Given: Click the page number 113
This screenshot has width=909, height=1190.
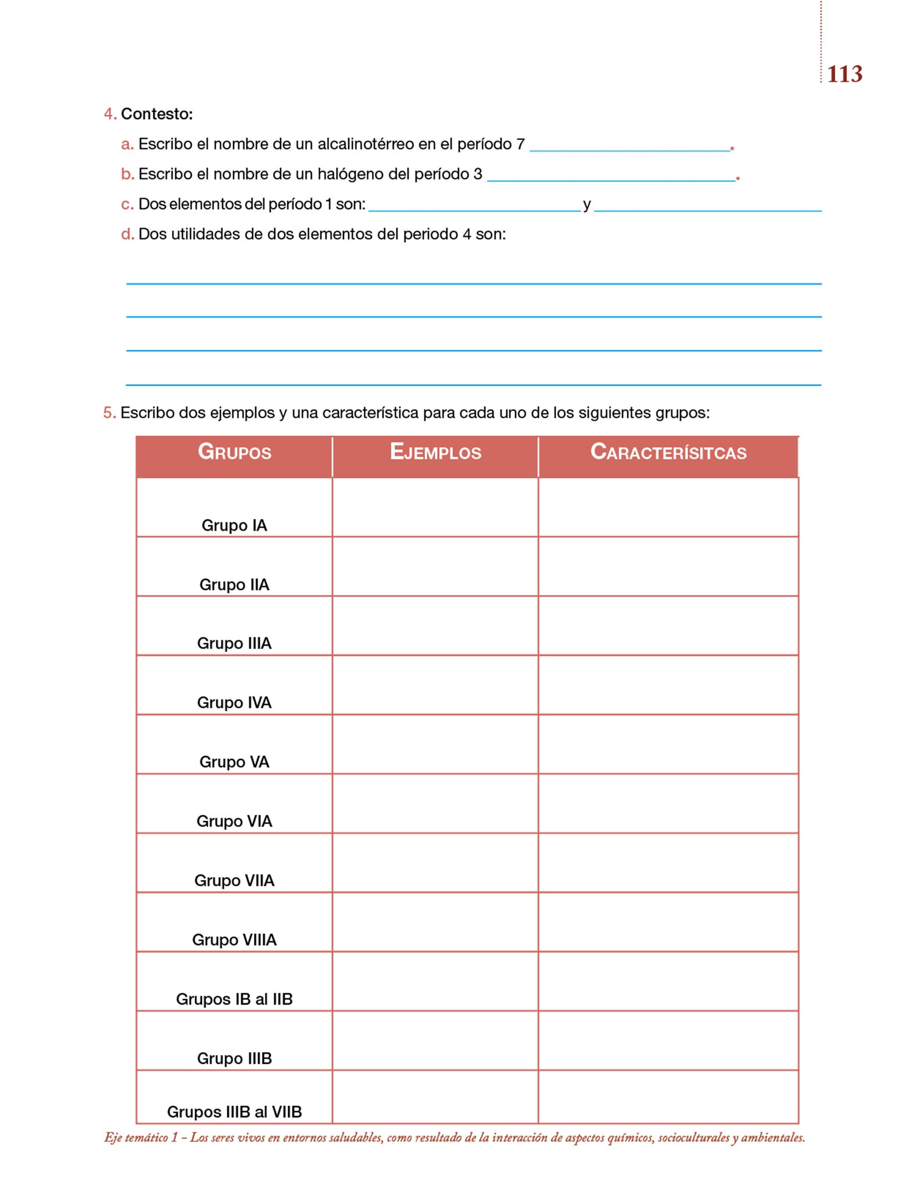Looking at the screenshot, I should (x=844, y=74).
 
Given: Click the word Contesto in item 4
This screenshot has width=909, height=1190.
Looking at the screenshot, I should (x=156, y=114).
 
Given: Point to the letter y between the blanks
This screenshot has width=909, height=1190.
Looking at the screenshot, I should (x=587, y=205).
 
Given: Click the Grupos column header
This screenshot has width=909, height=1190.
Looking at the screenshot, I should (x=234, y=452).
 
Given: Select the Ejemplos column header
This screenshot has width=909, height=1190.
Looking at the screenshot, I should (x=435, y=452).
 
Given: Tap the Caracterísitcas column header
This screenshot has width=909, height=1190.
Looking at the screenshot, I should (x=668, y=452).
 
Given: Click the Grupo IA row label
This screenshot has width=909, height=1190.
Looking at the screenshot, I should (x=234, y=525).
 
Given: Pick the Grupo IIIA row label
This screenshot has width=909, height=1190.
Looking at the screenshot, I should (x=234, y=643).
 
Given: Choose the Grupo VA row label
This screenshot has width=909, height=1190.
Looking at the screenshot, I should (x=234, y=762).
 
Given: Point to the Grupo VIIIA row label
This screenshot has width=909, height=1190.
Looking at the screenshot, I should (x=234, y=940).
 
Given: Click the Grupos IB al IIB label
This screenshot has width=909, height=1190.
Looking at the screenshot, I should (x=234, y=999).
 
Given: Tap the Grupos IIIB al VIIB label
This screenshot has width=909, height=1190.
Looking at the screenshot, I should (x=234, y=1112).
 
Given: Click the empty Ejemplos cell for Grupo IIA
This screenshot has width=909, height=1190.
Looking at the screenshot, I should (x=435, y=567).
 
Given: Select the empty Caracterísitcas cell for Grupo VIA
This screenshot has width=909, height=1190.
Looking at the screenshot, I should (x=668, y=804).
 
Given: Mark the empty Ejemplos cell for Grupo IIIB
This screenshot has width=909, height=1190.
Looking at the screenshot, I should (x=435, y=1041).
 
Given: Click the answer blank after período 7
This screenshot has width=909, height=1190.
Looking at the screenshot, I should (x=630, y=145).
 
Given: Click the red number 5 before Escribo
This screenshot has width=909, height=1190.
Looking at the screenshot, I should (x=109, y=413).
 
